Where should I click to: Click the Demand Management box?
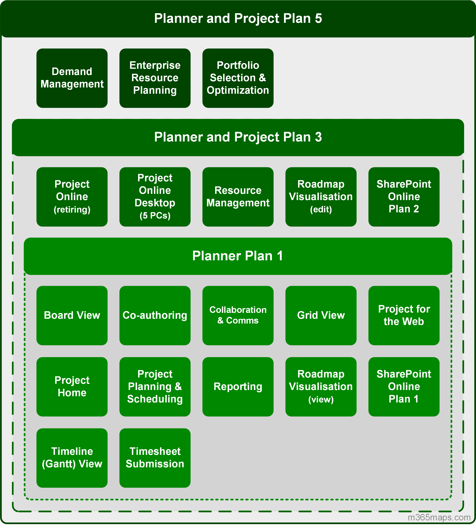point(72,78)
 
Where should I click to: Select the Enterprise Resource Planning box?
point(155,78)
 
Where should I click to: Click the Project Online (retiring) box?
point(72,197)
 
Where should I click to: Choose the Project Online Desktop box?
point(155,197)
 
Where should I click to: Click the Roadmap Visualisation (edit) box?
point(321,197)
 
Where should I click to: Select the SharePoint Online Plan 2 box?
point(404,197)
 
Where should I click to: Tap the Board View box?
point(72,315)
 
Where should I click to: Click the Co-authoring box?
point(155,315)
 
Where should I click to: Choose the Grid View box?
point(321,315)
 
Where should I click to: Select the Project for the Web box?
point(404,315)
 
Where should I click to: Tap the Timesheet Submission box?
point(155,458)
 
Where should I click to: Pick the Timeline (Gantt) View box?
point(72,458)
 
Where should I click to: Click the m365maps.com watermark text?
point(439,517)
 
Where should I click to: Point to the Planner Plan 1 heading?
point(238,256)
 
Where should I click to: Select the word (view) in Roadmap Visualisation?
point(321,399)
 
